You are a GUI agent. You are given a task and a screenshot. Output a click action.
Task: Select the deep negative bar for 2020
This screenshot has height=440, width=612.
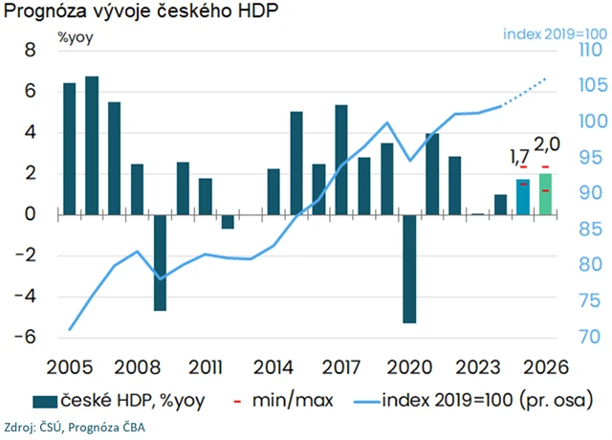pyautogui.click(x=409, y=269)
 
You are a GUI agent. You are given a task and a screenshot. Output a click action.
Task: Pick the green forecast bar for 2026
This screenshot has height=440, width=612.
pyautogui.click(x=545, y=194)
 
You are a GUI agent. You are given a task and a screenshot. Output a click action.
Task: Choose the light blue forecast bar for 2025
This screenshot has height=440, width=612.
pyautogui.click(x=522, y=197)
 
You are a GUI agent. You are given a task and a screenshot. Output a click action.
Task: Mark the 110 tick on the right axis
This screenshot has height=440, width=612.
pyautogui.click(x=588, y=51)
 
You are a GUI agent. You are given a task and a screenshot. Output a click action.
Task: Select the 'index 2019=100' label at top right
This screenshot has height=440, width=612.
pyautogui.click(x=553, y=33)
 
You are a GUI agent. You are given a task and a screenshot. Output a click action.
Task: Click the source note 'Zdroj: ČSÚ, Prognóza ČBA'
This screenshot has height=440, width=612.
pyautogui.click(x=76, y=426)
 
